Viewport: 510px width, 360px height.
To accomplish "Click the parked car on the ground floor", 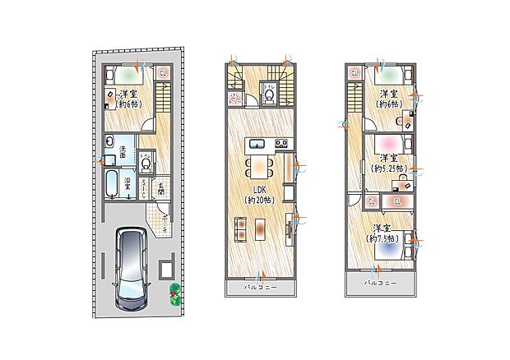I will (x=131, y=268).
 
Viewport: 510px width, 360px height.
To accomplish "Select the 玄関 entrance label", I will (x=160, y=191).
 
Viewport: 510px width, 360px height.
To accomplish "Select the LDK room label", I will (x=259, y=190).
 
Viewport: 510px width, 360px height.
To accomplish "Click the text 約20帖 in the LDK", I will (x=259, y=200).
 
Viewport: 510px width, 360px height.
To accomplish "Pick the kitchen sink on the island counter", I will (x=257, y=146).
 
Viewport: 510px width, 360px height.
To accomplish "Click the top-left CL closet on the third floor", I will (x=355, y=72).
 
